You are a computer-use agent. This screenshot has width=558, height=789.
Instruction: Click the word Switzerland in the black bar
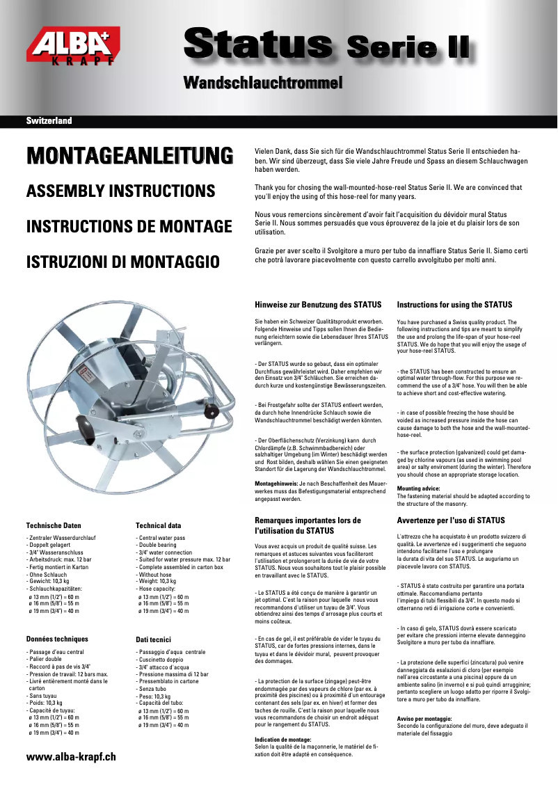[49, 120]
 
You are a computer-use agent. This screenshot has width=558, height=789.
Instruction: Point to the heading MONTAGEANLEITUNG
[129, 155]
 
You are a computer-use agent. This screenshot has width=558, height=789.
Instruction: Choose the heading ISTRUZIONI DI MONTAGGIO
[122, 262]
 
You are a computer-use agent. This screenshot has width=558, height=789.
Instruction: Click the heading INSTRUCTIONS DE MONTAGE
[129, 226]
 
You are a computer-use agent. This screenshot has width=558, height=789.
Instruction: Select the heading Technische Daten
[54, 526]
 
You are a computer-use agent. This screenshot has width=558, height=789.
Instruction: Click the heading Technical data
[158, 526]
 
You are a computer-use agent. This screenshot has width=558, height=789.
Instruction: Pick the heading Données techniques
[57, 639]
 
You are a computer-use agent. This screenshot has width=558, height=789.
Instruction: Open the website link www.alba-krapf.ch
[71, 756]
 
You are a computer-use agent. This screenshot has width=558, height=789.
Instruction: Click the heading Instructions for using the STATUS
[454, 305]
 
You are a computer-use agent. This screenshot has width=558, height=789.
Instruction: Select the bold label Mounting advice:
[417, 488]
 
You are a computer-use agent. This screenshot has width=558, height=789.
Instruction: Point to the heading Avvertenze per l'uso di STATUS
[450, 520]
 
